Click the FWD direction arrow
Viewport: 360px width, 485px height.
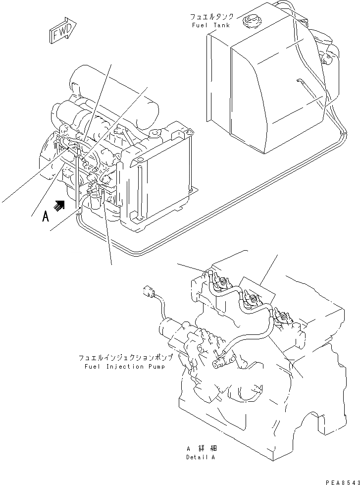point(62,32)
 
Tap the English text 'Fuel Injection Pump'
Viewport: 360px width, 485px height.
point(124,367)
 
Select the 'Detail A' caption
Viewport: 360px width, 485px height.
point(201,457)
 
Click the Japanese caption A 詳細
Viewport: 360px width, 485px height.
point(200,448)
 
